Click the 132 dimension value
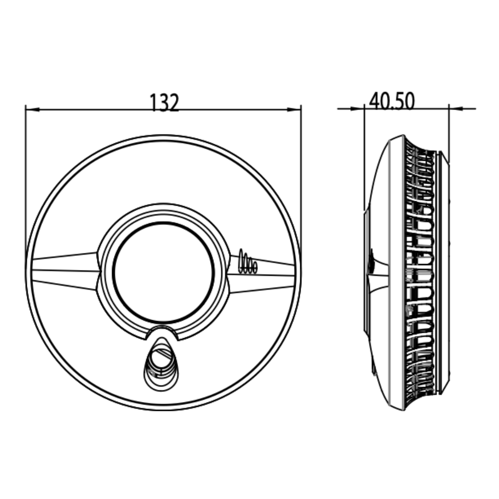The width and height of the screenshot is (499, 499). (164, 102)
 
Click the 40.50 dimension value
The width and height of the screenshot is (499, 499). (392, 101)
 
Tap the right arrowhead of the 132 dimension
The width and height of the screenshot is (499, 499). (294, 110)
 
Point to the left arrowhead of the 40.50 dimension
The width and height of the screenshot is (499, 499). (357, 109)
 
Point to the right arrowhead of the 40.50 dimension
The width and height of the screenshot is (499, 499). (456, 109)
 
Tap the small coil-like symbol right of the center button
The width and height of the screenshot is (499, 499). (248, 262)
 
